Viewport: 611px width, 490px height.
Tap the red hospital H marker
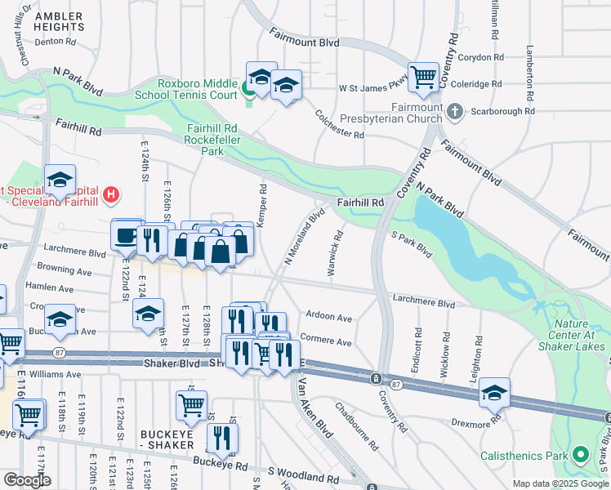point(112,195)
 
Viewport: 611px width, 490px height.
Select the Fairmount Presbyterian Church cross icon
point(456,110)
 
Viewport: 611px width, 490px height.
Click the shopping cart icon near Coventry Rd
point(424,78)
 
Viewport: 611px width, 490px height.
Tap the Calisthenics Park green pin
point(580,453)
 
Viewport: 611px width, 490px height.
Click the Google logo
point(27,480)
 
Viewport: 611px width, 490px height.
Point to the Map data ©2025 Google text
point(560,483)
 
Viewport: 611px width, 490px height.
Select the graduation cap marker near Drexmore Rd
point(494,394)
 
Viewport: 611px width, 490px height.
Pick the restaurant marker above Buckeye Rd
point(221,438)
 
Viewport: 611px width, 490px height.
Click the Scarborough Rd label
point(502,111)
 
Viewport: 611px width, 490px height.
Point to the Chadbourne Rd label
point(357,425)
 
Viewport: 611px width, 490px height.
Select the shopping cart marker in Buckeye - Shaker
point(190,404)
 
